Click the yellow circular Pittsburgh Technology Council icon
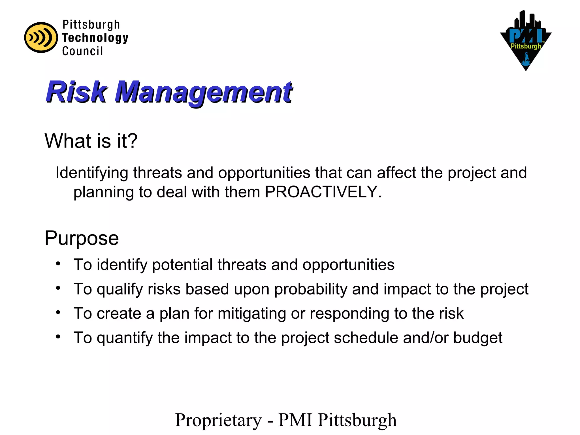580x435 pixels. pyautogui.click(x=41, y=37)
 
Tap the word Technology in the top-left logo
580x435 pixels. pyautogui.click(x=95, y=38)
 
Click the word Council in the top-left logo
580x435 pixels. pyautogui.click(x=82, y=51)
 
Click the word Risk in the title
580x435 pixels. pyautogui.click(x=76, y=92)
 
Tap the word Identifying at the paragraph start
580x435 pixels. pyautogui.click(x=92, y=173)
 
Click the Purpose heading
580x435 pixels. pyautogui.click(x=82, y=238)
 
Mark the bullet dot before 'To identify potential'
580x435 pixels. pyautogui.click(x=58, y=264)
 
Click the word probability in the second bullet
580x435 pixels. pyautogui.click(x=310, y=289)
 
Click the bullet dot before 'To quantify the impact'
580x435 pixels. pyautogui.click(x=58, y=337)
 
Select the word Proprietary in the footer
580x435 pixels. pyautogui.click(x=218, y=420)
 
